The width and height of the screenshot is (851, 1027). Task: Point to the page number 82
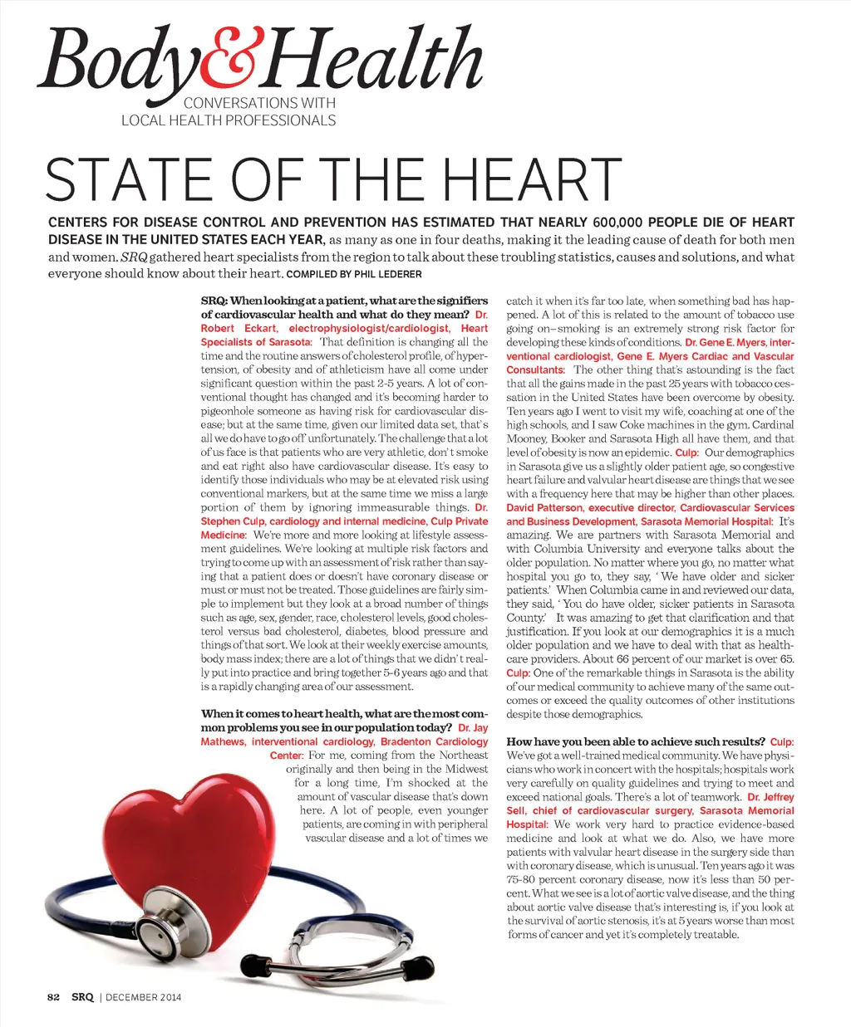(x=54, y=997)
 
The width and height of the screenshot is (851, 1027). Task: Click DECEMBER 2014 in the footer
(x=143, y=997)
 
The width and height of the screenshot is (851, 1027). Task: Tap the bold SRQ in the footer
(x=82, y=997)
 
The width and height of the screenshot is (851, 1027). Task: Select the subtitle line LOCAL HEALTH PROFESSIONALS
(x=229, y=120)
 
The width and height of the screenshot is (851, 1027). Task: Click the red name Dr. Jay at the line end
(x=473, y=728)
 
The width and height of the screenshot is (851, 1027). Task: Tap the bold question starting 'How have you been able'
(x=636, y=741)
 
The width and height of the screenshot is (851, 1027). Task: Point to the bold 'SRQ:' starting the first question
(x=214, y=301)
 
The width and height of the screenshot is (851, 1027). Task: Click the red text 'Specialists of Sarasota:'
(x=256, y=342)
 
